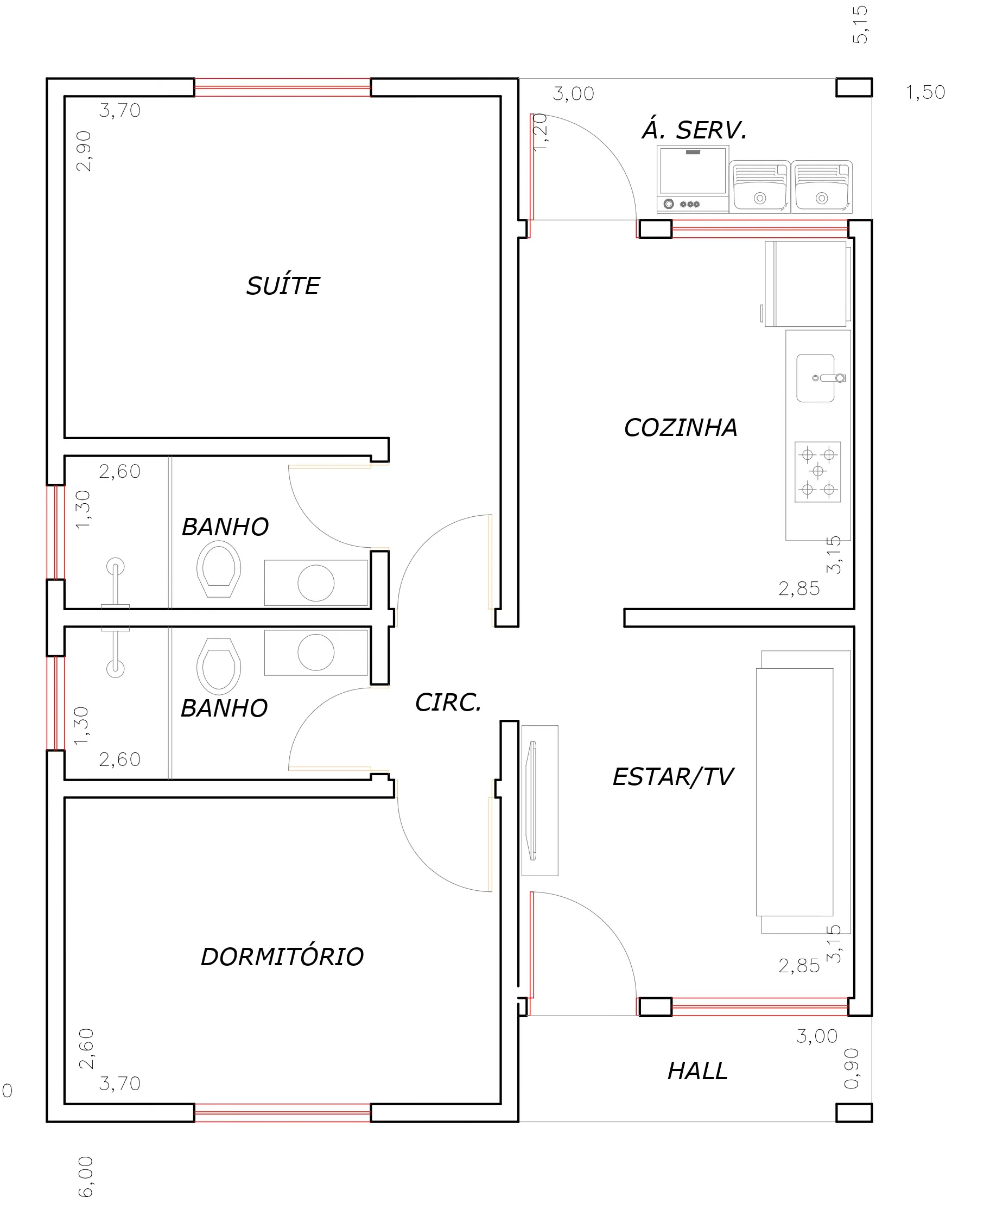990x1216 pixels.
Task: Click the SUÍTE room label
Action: point(283,285)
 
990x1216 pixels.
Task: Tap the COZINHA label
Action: point(681,428)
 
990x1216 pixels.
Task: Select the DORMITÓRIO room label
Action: point(282,957)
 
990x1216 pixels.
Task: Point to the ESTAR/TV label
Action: point(674,777)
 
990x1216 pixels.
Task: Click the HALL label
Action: point(698,1071)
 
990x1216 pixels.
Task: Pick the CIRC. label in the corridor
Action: point(448,702)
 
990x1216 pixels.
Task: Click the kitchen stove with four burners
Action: point(818,472)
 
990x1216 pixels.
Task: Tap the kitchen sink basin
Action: point(815,378)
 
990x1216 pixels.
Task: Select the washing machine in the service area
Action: point(693,179)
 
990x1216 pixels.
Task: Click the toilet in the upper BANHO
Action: point(218,569)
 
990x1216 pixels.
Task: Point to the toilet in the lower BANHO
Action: point(218,666)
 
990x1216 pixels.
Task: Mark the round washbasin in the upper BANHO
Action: point(316,583)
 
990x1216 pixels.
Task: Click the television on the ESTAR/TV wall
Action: point(532,800)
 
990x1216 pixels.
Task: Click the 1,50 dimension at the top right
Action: point(925,92)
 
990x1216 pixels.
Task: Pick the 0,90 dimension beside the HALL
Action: point(851,1068)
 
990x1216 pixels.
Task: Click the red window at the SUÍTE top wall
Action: point(283,87)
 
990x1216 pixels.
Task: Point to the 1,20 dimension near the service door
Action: point(540,132)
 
